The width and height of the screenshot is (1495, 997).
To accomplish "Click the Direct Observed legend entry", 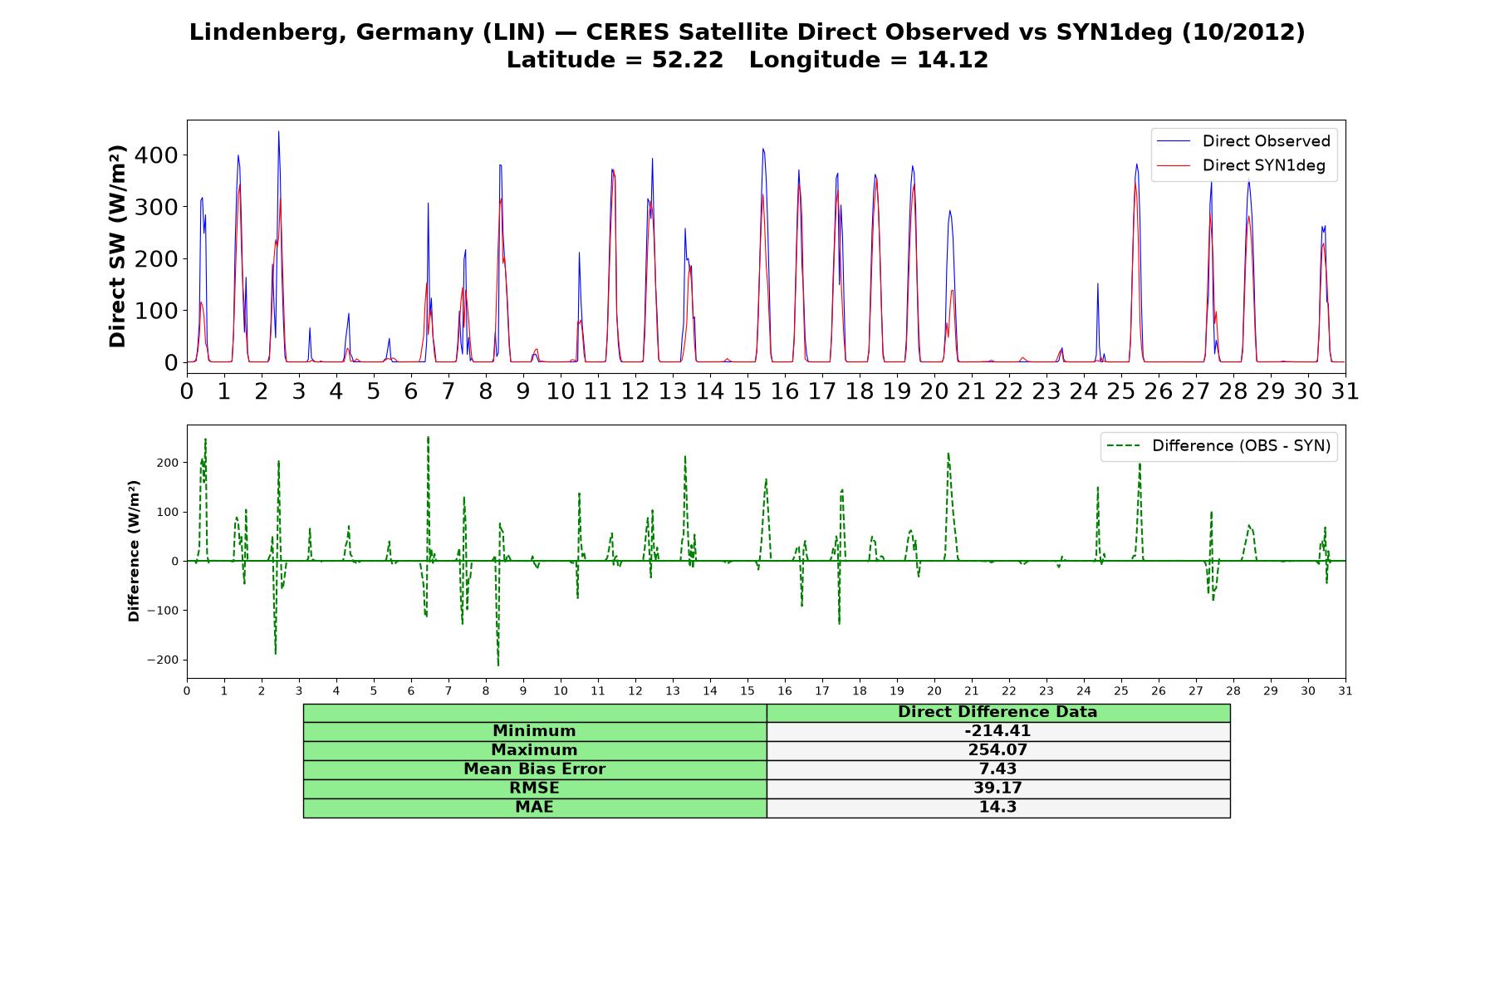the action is [1243, 141].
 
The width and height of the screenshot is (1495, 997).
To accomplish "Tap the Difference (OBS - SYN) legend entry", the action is [1218, 446].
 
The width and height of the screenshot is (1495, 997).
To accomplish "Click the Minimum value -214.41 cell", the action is [997, 731].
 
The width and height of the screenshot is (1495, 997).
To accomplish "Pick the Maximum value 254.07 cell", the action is [997, 750].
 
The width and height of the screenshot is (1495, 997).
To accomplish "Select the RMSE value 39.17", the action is [997, 788].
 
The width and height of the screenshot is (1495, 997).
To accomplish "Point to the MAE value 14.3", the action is [997, 807].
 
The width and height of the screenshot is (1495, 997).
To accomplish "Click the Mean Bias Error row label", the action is [534, 769].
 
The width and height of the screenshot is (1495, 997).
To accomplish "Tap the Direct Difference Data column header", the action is [997, 712].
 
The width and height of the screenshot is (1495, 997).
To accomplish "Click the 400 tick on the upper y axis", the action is [159, 155].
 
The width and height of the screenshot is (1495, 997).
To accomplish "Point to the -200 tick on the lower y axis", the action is [163, 660].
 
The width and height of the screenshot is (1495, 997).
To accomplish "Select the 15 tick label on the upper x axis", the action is [747, 390].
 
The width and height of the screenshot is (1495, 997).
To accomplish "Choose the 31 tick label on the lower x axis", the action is [1345, 690].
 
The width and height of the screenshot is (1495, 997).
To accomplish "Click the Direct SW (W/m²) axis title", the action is [118, 246].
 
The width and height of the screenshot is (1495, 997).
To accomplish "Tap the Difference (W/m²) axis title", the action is [134, 551].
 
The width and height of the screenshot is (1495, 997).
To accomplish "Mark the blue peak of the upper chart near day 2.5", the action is [278, 131].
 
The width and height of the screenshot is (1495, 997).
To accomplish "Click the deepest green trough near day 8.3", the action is [498, 665].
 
